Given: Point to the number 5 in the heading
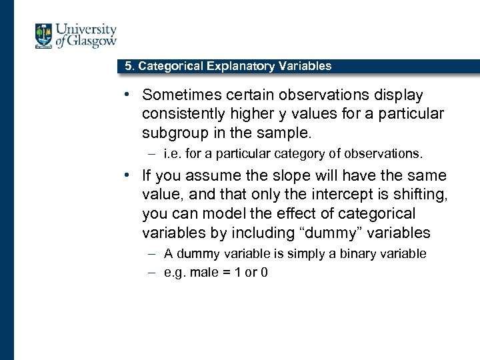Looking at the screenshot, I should coord(129,66).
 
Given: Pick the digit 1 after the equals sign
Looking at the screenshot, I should coord(238,272).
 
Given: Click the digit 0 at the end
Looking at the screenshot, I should coord(264,272).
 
